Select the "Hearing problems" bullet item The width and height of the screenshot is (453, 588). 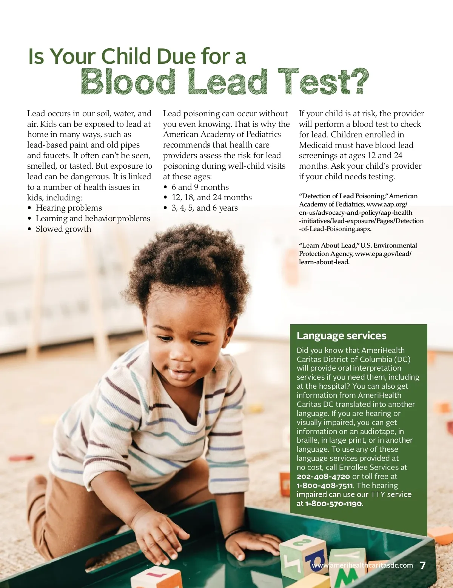[x=69, y=208]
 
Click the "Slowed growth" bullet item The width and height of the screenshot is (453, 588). [x=63, y=229]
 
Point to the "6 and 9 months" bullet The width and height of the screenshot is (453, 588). [x=200, y=187]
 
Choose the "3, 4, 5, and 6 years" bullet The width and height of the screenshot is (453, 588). [x=205, y=208]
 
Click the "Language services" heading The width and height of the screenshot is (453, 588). [x=341, y=336]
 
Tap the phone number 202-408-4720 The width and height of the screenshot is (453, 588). [x=323, y=477]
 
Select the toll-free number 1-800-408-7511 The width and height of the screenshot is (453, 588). [x=325, y=486]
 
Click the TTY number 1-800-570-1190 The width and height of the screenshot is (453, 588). [x=334, y=504]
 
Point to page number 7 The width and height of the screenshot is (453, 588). [x=423, y=565]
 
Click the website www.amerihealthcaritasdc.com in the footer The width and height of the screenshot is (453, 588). [x=362, y=565]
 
